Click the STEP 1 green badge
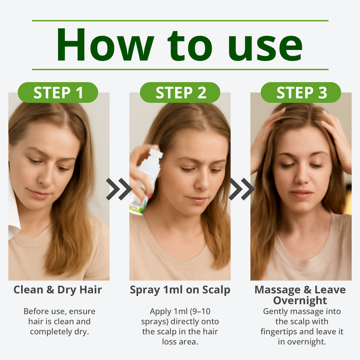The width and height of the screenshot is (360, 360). coord(58,92)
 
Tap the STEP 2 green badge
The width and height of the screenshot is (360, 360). coord(180,92)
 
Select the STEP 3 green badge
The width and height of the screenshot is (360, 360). coord(301,92)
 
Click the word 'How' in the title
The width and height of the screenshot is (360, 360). coord(105,45)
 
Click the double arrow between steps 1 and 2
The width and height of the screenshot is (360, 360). coord(119,189)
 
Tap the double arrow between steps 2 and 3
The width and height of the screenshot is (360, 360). coord(241,189)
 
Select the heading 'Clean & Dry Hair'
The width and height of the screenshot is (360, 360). coord(58,290)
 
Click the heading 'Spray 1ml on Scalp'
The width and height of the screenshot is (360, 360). coord(180,290)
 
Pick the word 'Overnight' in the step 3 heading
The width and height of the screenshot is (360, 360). coord(300,301)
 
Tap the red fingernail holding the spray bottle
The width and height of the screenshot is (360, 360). coord(150,196)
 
